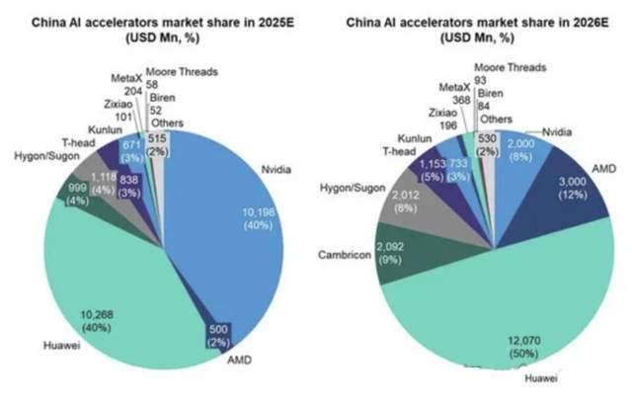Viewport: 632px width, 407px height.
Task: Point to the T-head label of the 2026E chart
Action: click(399, 152)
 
